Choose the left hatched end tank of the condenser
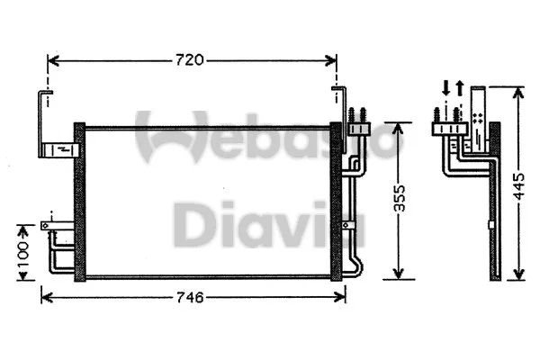[x=79, y=202]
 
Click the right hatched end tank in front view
[x=337, y=202]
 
